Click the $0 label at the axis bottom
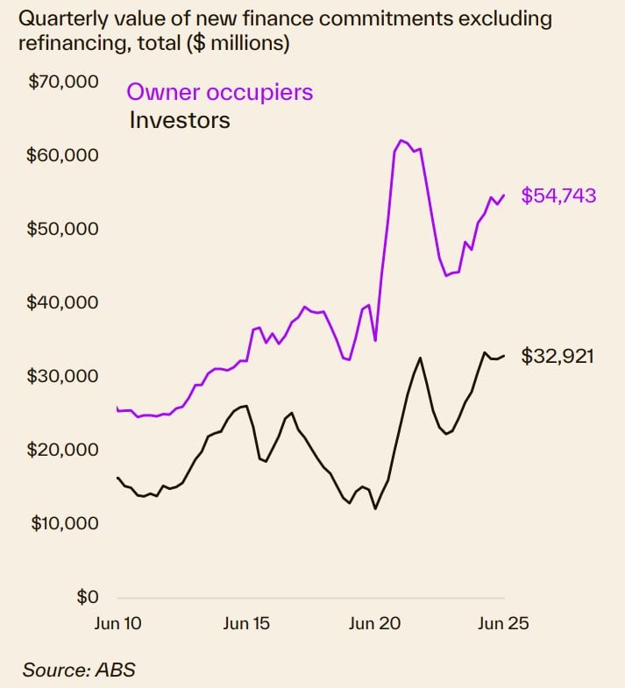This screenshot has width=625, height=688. tap(86, 597)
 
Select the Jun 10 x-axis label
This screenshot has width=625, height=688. tap(117, 624)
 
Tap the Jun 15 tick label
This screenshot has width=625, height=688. tap(246, 624)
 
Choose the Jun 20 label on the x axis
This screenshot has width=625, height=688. tap(375, 624)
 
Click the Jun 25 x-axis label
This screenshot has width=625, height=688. tap(503, 624)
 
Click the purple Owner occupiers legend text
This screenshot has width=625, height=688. tap(220, 92)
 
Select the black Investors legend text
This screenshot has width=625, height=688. tap(180, 120)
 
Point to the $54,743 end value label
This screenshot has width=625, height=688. tap(558, 195)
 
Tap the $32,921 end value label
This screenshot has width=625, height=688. tap(558, 357)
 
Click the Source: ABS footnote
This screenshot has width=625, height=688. tap(79, 670)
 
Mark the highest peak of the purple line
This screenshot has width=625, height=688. tap(401, 140)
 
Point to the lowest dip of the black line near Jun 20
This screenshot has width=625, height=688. tap(375, 508)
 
